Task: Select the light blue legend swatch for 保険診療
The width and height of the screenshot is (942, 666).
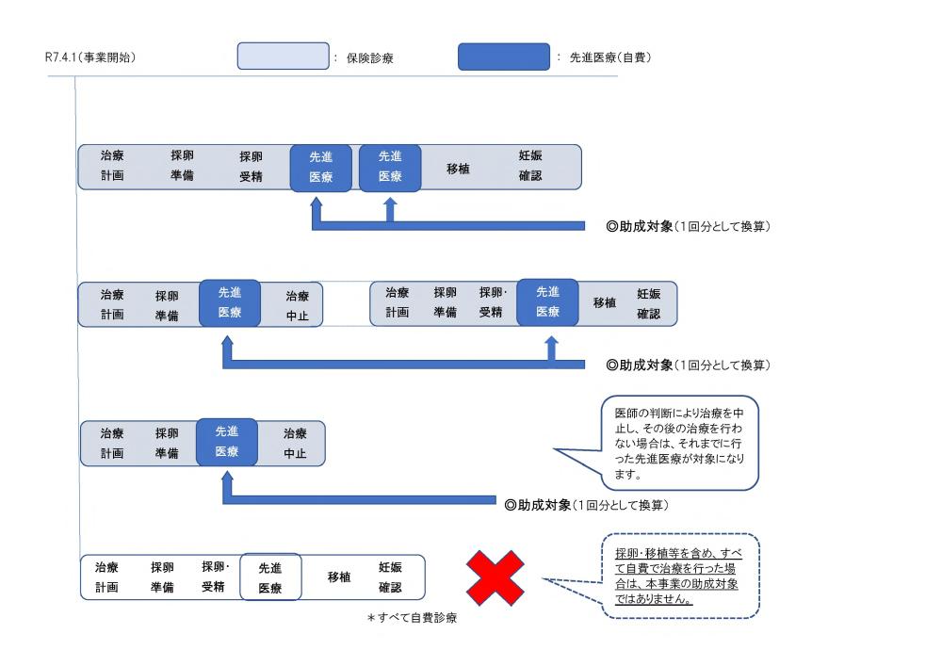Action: (282, 57)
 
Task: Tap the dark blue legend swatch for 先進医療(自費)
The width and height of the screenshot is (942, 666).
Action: (504, 57)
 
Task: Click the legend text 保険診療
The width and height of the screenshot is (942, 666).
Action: (370, 57)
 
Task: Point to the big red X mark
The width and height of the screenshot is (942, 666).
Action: (495, 577)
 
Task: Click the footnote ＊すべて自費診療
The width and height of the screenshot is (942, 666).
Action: (412, 619)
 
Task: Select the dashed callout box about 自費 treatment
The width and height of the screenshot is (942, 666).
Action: (680, 577)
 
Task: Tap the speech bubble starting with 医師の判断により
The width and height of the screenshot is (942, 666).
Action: (679, 443)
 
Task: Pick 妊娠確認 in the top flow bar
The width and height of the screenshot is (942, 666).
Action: (530, 166)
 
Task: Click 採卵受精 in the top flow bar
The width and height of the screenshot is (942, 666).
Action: (251, 166)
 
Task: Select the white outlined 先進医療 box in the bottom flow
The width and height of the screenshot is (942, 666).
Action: (270, 577)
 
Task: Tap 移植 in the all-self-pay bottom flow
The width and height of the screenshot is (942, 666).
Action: (339, 577)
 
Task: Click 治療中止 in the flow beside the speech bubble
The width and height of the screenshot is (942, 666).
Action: (295, 443)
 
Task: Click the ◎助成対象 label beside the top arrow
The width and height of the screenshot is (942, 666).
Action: (690, 226)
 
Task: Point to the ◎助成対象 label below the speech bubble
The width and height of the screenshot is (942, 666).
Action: (586, 505)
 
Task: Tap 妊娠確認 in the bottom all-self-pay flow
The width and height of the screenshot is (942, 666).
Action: (390, 577)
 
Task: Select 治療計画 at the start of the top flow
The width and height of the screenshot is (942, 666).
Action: (112, 166)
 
